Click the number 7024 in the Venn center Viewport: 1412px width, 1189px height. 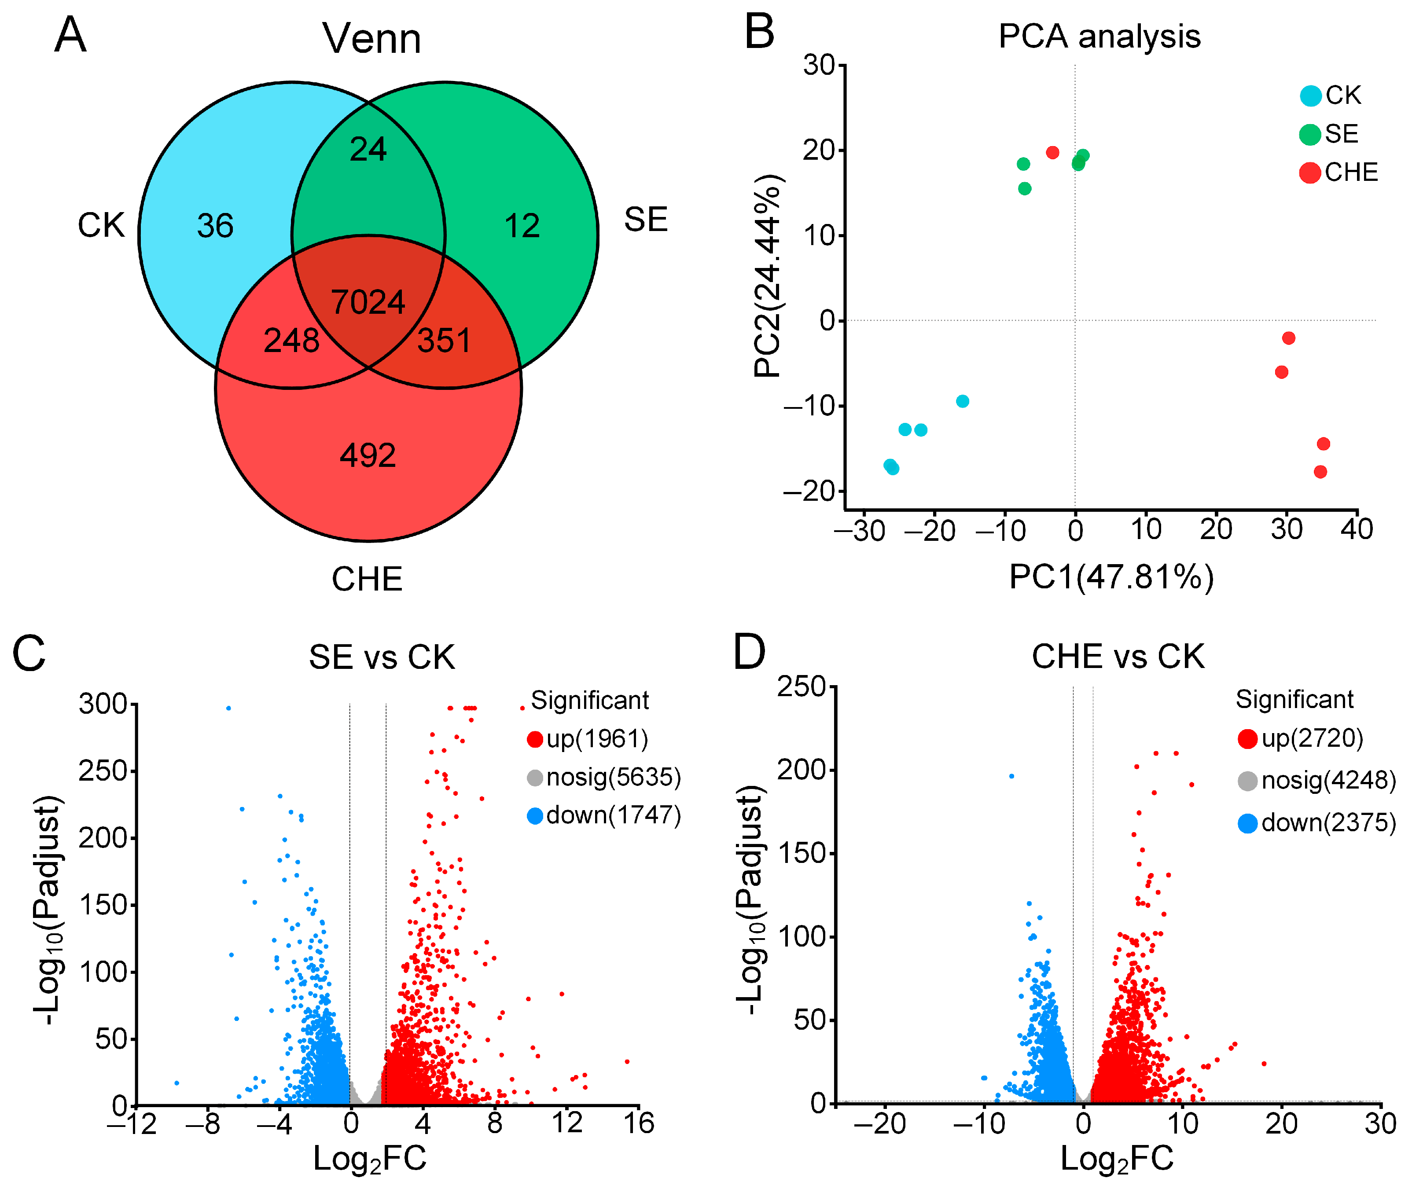coord(368,301)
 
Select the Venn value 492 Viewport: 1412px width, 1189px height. coord(368,455)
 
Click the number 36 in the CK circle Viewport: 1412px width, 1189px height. coord(215,225)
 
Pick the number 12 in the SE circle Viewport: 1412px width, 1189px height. coord(522,225)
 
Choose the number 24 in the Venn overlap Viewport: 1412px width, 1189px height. coord(368,149)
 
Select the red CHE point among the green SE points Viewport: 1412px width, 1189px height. coord(1052,152)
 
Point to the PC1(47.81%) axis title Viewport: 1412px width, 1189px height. coord(1111,576)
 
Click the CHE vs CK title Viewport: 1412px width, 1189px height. coord(1118,657)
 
